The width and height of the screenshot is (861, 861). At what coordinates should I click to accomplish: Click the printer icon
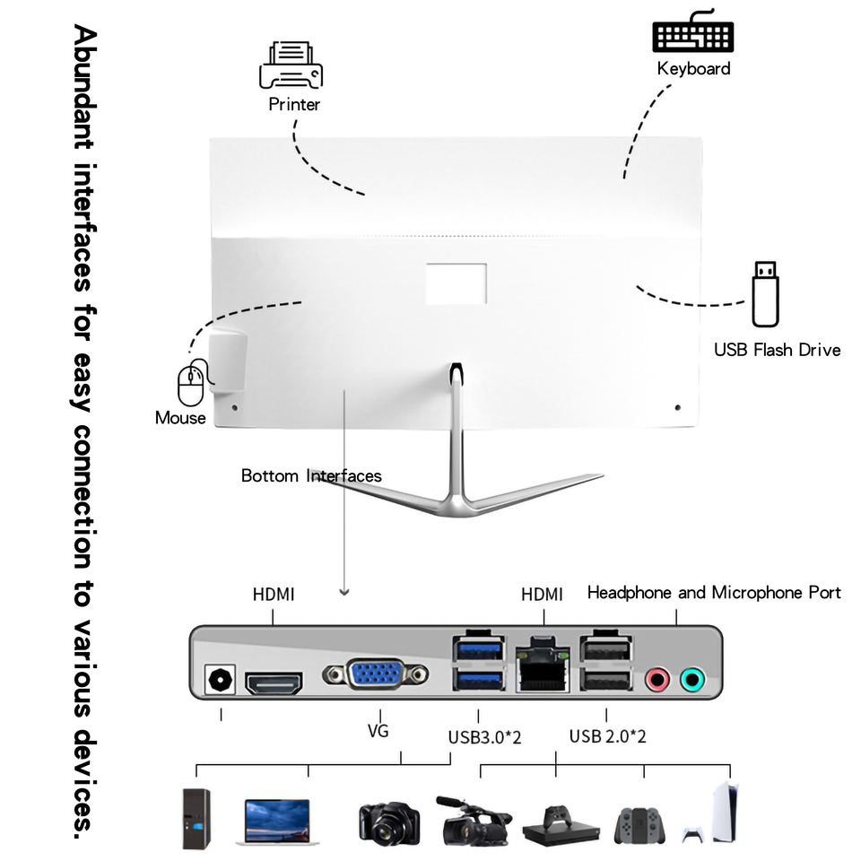[291, 65]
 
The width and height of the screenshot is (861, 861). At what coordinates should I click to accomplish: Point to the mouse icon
[191, 384]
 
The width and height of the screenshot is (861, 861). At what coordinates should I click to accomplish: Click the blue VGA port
[376, 674]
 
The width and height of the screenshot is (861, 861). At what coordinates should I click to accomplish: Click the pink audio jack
[657, 680]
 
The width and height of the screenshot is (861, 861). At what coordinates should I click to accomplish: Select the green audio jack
[691, 680]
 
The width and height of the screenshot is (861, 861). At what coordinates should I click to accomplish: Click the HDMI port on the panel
[274, 683]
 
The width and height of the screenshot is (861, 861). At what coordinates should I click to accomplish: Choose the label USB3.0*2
[484, 737]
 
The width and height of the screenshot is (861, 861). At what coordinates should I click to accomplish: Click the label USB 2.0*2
[608, 737]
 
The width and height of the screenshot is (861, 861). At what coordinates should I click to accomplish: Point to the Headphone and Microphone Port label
[714, 593]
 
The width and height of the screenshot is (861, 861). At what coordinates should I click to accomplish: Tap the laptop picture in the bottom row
[278, 821]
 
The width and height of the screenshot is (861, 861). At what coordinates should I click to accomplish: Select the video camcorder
[472, 821]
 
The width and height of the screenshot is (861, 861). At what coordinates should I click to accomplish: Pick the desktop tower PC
[196, 818]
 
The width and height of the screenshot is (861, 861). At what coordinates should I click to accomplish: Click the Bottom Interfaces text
[311, 476]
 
